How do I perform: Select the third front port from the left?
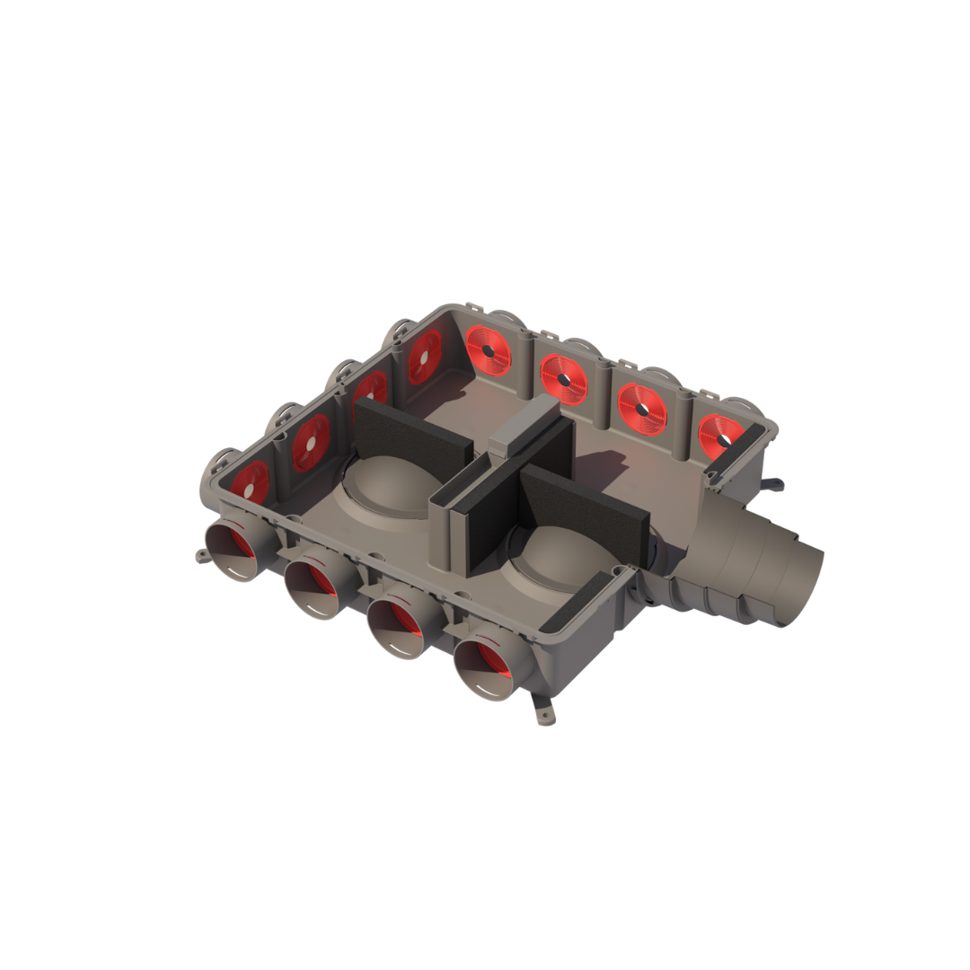[396, 628]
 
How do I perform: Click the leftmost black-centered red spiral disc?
[488, 349]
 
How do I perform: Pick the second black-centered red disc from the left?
[563, 379]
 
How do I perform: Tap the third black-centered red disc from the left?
[641, 410]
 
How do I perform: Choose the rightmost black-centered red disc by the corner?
[720, 437]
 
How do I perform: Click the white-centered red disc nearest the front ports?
[250, 482]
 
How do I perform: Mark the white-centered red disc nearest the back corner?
[424, 357]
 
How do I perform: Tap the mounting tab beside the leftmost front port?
[202, 556]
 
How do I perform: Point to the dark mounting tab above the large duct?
[772, 486]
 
